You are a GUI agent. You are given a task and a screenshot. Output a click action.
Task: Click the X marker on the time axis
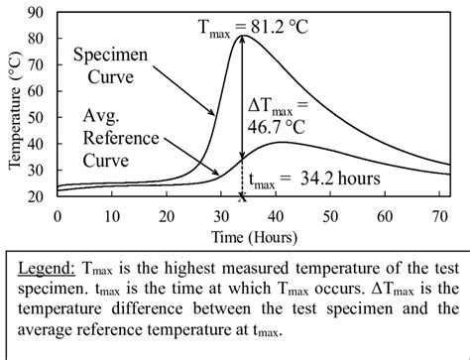(242, 197)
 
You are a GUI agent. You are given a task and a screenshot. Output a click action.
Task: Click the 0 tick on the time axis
(58, 214)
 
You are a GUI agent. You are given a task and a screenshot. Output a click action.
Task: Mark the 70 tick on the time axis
(436, 214)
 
